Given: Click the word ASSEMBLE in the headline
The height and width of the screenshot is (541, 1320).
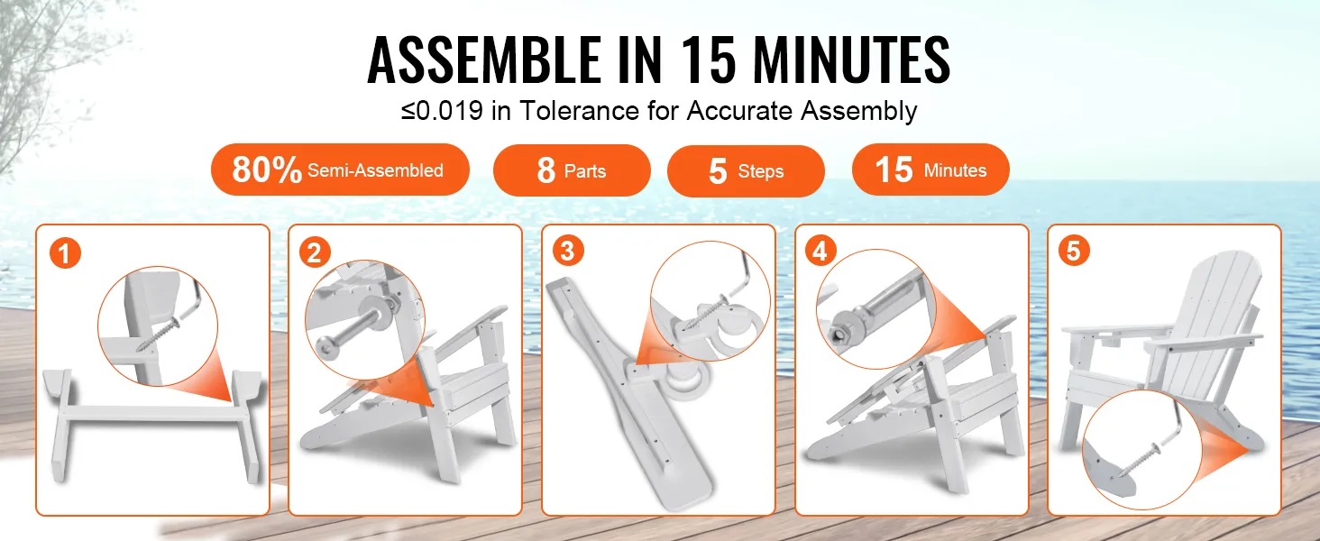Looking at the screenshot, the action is (x=483, y=59).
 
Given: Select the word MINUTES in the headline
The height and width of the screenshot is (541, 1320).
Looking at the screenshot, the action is (x=852, y=59).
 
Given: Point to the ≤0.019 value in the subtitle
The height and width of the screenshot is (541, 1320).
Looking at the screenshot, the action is (x=442, y=111).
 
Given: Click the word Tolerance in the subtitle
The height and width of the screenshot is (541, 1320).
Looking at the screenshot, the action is (x=580, y=111).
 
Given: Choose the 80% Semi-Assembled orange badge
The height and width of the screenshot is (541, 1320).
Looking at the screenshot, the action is (x=340, y=170).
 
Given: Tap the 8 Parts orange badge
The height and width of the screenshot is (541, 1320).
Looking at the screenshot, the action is (x=572, y=170).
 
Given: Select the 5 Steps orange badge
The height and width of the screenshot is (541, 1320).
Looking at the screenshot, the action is (x=746, y=171).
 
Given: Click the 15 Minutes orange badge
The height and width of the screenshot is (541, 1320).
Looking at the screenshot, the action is (x=930, y=170).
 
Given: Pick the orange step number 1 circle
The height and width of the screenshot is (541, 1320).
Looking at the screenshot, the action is (x=65, y=253).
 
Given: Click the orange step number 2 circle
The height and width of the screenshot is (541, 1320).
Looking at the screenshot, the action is (x=315, y=253).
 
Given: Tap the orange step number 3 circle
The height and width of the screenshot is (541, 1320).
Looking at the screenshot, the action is (x=568, y=251).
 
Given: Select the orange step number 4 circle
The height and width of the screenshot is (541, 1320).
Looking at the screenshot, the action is (x=820, y=251).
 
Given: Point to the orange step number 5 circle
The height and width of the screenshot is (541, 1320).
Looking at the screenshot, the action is (x=1074, y=251).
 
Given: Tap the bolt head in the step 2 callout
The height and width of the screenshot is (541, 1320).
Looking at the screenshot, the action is (x=325, y=345).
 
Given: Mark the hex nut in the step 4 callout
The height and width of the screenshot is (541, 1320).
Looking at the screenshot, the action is (x=838, y=334).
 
